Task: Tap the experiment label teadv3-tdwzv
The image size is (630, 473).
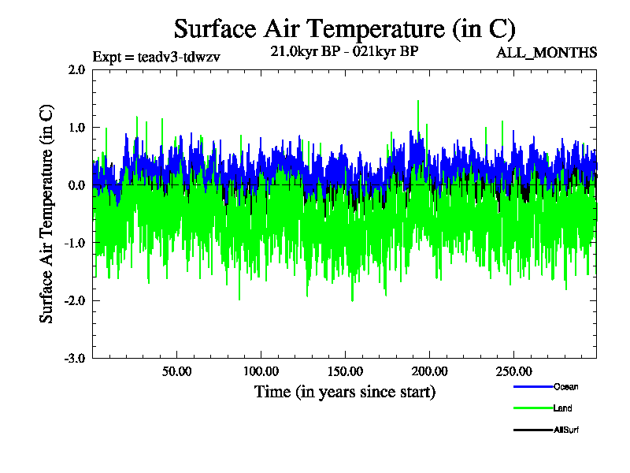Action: coord(156,56)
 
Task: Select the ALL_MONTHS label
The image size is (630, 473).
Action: coord(546,53)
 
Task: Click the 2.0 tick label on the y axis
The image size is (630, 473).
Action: coord(76,69)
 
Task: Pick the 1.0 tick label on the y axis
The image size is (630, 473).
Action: coord(76,127)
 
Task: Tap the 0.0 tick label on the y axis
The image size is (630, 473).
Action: coord(76,185)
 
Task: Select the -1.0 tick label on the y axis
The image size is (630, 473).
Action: coord(75,243)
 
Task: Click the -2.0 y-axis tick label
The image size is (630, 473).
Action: coord(75,300)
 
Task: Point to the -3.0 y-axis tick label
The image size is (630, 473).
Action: coord(75,358)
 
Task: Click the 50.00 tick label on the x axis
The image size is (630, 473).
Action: coord(176,371)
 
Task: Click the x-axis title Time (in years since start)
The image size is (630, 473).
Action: coord(344,392)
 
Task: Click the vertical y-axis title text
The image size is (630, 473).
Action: coord(46,214)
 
